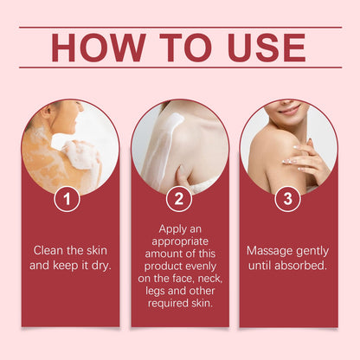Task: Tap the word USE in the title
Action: [266, 48]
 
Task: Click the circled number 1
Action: [67, 199]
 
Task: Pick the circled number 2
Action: [179, 199]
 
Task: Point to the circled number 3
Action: [287, 199]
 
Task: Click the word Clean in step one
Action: [48, 250]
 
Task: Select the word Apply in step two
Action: [171, 229]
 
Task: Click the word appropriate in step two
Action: [180, 241]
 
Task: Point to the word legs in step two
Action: [155, 292]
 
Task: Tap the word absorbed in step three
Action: [300, 266]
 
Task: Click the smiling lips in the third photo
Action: [290, 110]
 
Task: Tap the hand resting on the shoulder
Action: [305, 159]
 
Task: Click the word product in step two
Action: [163, 267]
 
